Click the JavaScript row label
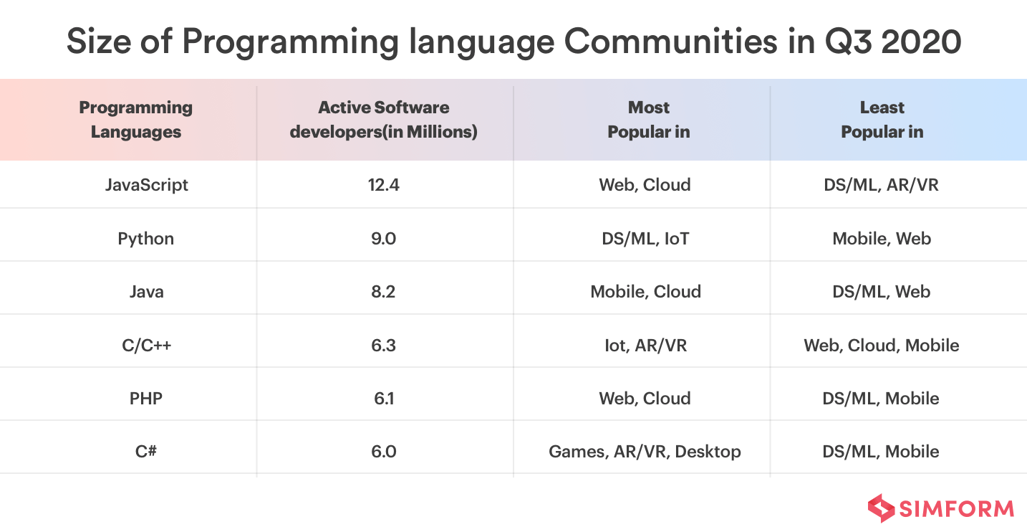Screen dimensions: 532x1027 146,185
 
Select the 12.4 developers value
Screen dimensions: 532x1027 384,185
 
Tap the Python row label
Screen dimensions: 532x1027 146,239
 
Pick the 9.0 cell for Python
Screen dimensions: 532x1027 384,239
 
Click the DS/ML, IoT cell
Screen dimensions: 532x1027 645,239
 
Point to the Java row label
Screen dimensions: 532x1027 146,292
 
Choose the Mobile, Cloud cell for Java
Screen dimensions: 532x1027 645,292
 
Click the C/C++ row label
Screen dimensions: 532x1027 146,346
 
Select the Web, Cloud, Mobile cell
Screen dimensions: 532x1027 881,346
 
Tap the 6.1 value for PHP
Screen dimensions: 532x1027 384,399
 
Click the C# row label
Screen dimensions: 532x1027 146,452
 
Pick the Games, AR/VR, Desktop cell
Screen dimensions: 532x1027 645,452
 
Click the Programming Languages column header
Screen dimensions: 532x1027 136,120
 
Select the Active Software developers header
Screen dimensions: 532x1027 384,120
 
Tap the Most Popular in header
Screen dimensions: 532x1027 648,120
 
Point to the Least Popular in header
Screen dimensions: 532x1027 882,120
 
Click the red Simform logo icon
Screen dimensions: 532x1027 881,508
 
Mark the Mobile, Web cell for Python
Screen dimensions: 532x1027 881,239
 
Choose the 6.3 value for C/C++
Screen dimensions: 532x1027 384,346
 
